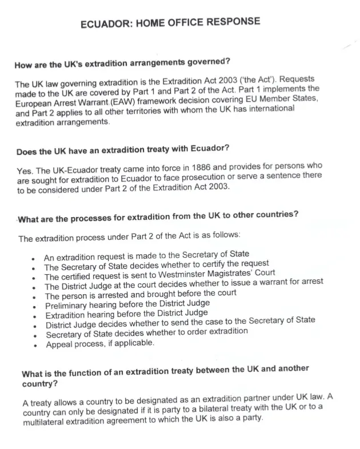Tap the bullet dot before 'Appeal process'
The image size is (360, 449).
[x=36, y=345]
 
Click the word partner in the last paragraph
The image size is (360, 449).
[x=272, y=397]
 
